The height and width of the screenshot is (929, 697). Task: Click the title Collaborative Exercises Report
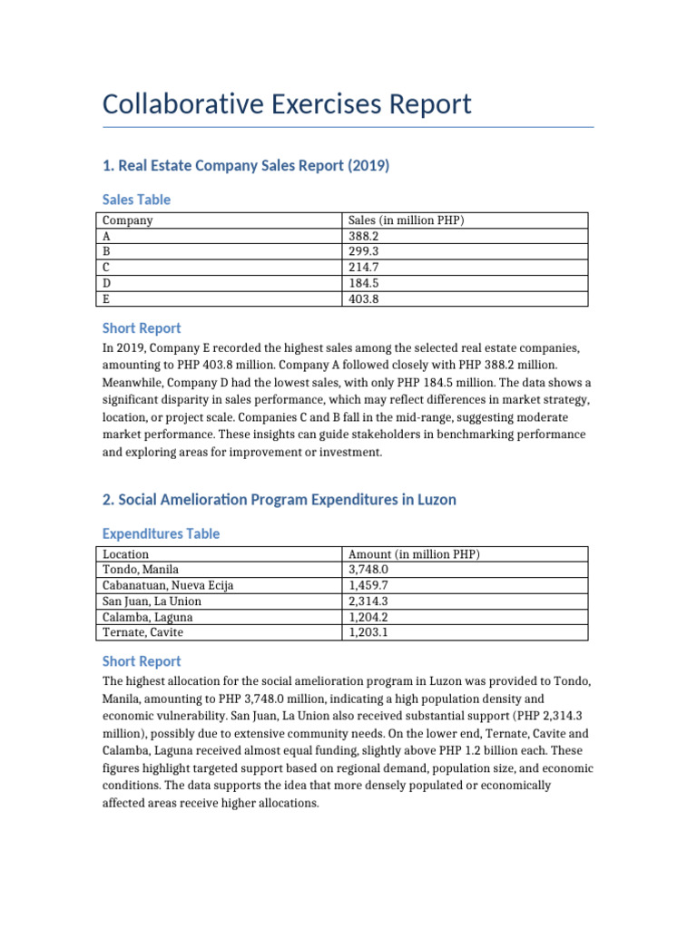[x=287, y=104]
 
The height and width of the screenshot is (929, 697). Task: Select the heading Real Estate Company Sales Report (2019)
[x=245, y=165]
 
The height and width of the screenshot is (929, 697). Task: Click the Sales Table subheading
[x=136, y=200]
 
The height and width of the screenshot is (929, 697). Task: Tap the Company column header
[x=128, y=220]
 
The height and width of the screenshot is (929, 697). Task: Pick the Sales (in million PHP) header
[x=407, y=220]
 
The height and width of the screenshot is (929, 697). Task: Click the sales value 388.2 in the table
[x=365, y=236]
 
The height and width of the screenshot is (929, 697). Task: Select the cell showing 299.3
[x=365, y=251]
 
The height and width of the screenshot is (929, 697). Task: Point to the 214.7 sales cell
[x=365, y=267]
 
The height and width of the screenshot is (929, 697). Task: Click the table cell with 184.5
[x=365, y=282]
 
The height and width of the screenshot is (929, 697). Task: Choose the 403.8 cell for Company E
[x=365, y=298]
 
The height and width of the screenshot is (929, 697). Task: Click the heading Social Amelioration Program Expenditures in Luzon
[x=280, y=500]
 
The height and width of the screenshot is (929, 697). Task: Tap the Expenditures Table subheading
[x=161, y=534]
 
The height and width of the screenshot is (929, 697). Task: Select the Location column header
[x=126, y=554]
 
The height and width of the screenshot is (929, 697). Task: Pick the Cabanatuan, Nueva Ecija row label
[x=168, y=585]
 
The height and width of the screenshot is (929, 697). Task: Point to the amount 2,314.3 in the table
[x=368, y=601]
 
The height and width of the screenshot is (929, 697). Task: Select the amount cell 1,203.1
[x=368, y=631]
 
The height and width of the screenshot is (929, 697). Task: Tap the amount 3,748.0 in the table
[x=368, y=570]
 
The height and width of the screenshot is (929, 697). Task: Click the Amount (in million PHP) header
[x=414, y=554]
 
